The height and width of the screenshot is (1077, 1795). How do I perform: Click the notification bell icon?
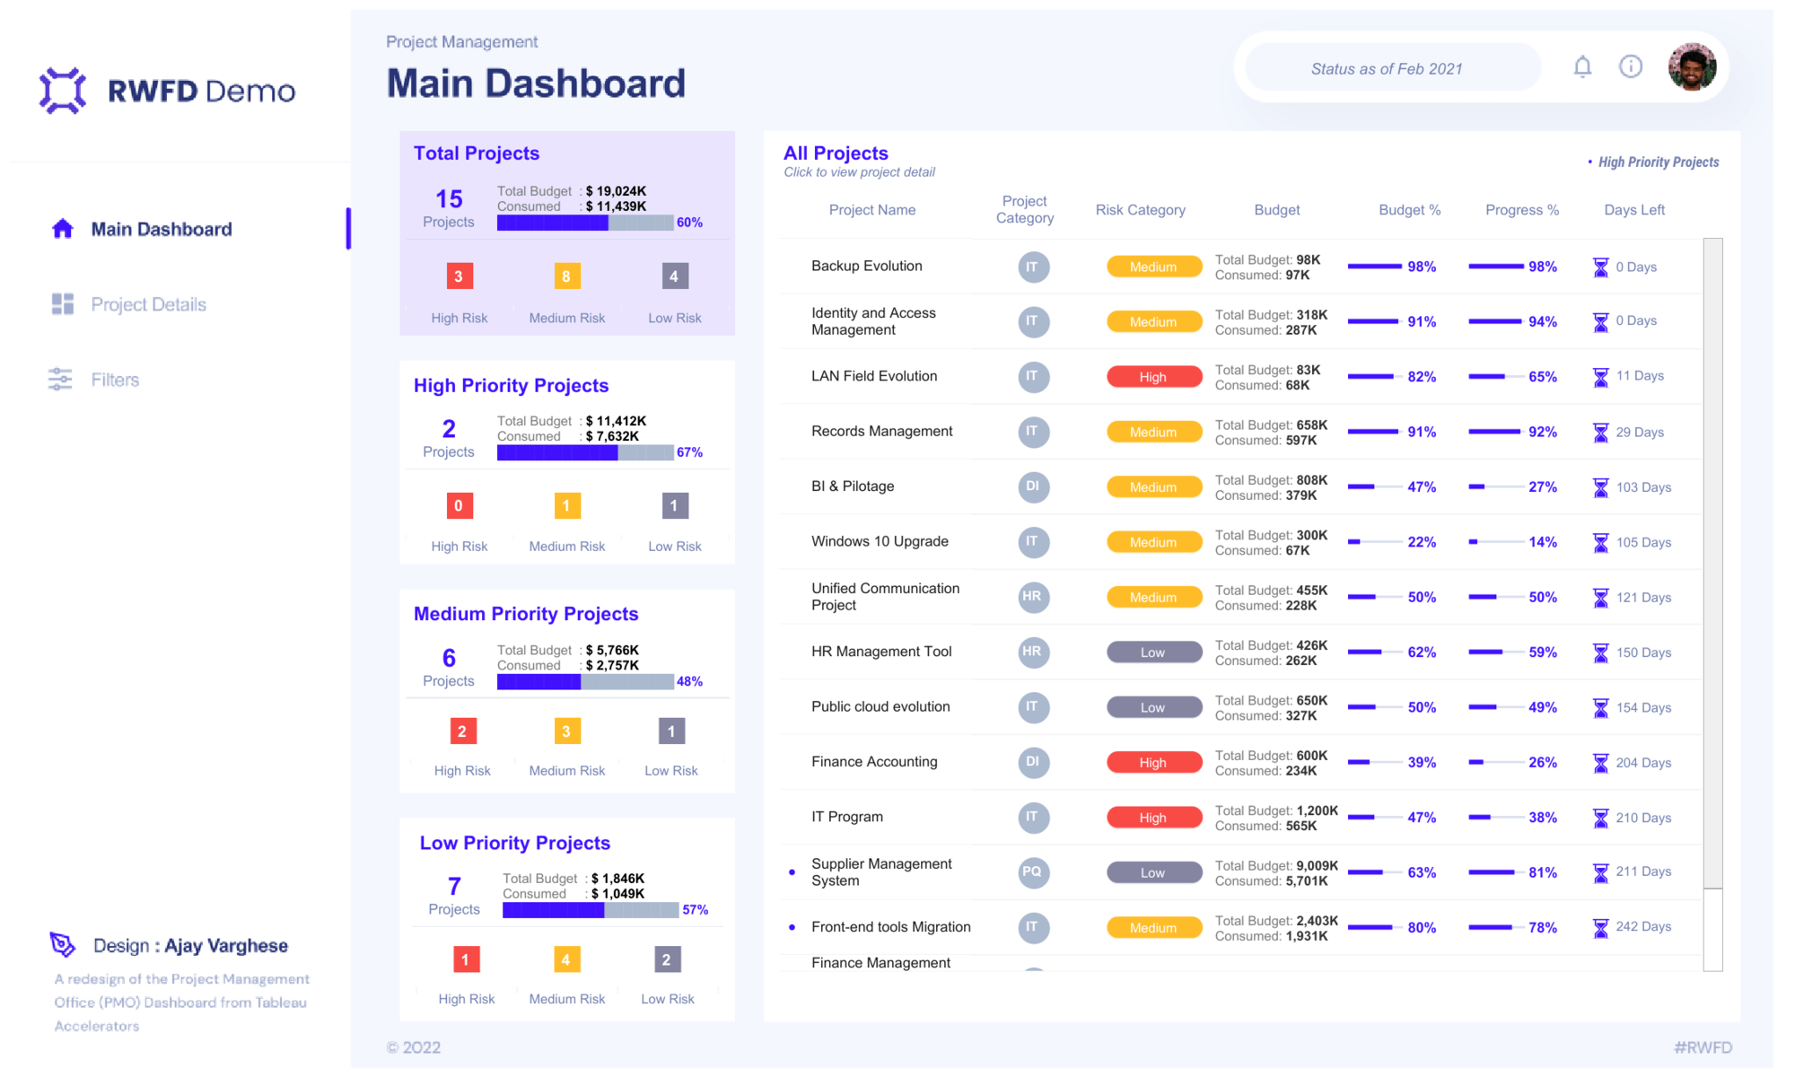[1582, 67]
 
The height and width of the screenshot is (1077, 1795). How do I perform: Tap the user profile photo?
[1692, 67]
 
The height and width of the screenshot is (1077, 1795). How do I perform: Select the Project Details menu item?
[148, 304]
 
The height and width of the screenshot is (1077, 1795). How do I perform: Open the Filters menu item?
[115, 380]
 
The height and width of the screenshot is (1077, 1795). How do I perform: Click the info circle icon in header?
[1631, 67]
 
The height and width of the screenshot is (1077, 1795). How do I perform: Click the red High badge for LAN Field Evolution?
[1153, 377]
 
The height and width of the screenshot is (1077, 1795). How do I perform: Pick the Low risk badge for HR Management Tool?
[1153, 652]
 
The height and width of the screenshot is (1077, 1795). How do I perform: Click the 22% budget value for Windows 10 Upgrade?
[1422, 542]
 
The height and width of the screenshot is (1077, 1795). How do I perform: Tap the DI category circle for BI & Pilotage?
[1033, 486]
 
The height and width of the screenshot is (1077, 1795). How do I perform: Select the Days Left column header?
[1633, 210]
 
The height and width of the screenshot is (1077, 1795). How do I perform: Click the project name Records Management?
[881, 432]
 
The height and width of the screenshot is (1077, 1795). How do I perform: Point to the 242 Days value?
[1643, 927]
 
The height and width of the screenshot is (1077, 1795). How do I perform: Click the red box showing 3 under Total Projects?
[459, 276]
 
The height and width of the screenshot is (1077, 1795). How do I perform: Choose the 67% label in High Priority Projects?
[689, 452]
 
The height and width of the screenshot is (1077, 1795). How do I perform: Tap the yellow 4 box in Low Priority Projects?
[565, 959]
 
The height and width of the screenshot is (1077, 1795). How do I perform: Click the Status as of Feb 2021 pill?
[1386, 69]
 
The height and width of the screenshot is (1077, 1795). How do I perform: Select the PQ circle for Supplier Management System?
[1033, 872]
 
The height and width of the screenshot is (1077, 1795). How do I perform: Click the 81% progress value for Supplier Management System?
[1542, 872]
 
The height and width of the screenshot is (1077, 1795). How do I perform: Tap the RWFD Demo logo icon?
[63, 91]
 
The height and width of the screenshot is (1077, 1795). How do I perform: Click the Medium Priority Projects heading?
[526, 614]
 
